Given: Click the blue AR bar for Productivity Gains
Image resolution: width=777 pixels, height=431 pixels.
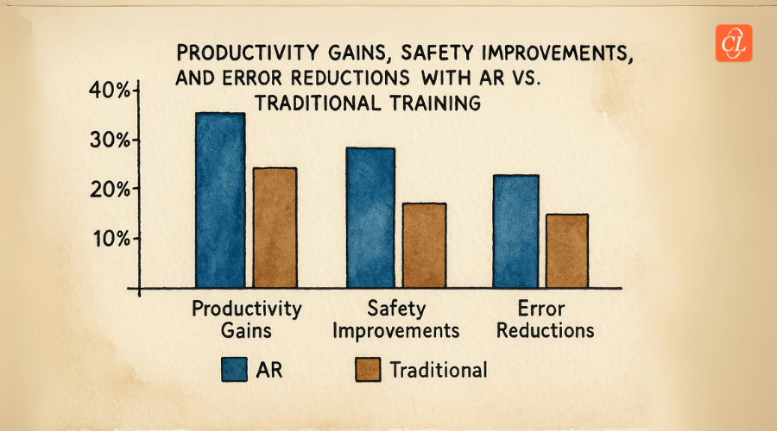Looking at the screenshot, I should point(219,200).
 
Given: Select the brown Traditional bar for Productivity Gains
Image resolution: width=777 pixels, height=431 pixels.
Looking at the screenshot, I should point(274,228).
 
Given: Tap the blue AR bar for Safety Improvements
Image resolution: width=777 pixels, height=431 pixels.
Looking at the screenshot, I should point(370,217).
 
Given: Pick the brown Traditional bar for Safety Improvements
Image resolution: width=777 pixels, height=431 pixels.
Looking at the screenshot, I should point(424,245).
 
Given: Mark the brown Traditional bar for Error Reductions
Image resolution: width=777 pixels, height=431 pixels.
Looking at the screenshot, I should point(566,250).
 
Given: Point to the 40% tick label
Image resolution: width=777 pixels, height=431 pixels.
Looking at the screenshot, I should point(109,91).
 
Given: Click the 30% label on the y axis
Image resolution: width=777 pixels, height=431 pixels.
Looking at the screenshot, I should point(109,140).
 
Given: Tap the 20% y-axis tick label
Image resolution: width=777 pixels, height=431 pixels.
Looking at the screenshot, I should point(109,189).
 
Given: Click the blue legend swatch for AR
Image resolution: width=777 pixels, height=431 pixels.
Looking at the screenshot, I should point(233,370).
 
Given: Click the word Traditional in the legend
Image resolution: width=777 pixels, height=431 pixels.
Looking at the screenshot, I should point(438,370).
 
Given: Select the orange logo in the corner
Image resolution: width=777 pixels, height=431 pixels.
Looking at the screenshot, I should point(734,42).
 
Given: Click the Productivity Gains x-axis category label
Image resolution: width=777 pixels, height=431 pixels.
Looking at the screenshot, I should point(247,319).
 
